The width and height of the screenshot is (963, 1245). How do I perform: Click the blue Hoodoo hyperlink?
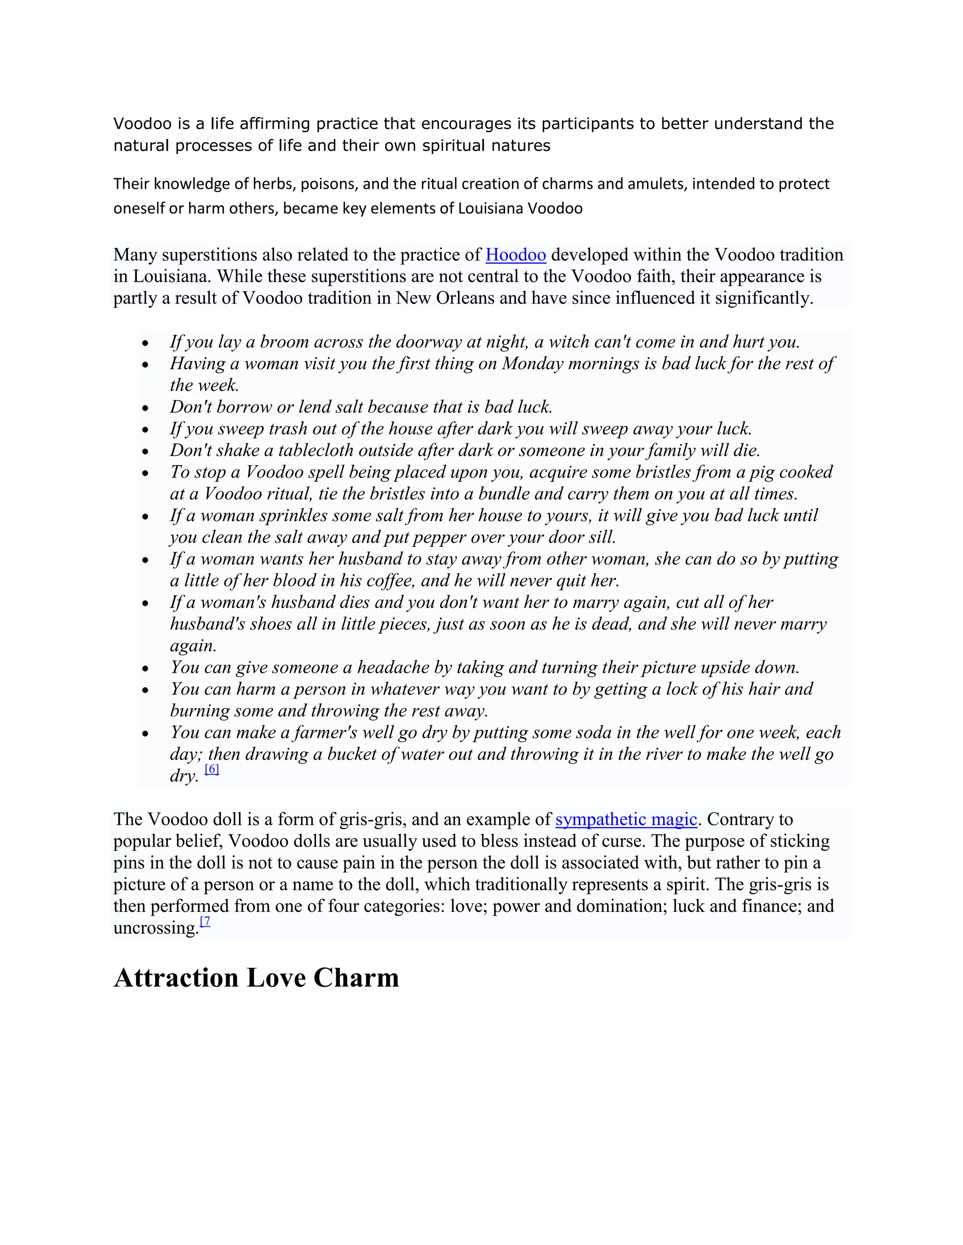coord(515,255)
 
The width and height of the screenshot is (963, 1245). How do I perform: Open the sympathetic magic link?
coord(626,819)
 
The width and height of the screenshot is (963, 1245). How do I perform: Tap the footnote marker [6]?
coord(212,769)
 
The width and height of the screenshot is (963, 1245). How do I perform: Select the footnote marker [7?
coord(205,921)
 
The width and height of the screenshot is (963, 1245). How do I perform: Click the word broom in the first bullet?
coord(283,342)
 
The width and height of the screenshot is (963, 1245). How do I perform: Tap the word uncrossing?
coord(156,928)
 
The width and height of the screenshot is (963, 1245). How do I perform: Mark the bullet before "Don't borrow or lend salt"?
coord(146,408)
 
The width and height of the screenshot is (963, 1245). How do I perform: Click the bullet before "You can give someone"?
coord(146,669)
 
